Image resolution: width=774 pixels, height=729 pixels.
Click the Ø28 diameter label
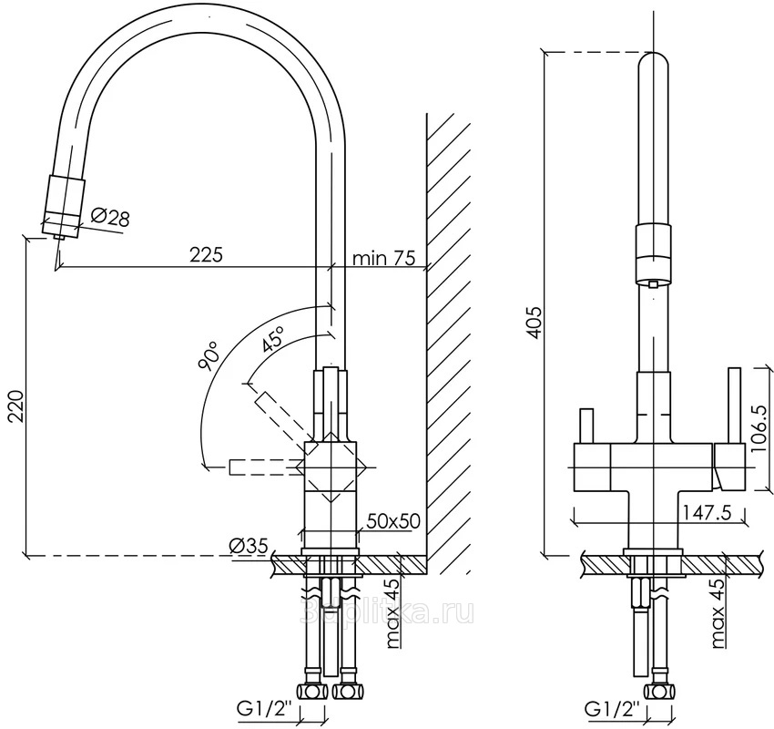point(111,217)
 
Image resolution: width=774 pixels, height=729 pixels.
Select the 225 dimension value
point(207,255)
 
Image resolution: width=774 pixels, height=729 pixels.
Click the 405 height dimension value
point(535,323)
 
